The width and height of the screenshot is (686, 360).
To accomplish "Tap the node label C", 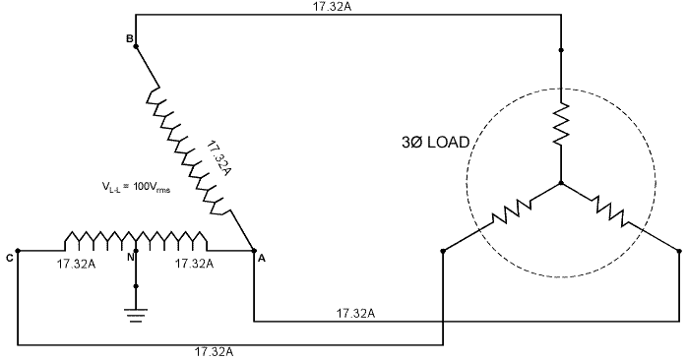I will coord(8,259).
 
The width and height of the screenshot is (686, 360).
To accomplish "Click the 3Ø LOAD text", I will coord(428,143).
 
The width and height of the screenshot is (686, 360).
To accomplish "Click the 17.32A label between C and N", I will coord(76,264).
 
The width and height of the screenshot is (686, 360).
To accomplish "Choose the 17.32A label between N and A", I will coord(194,264).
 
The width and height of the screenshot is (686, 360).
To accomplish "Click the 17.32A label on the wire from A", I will coord(355,313).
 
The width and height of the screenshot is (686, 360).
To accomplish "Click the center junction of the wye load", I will coord(560,183).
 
